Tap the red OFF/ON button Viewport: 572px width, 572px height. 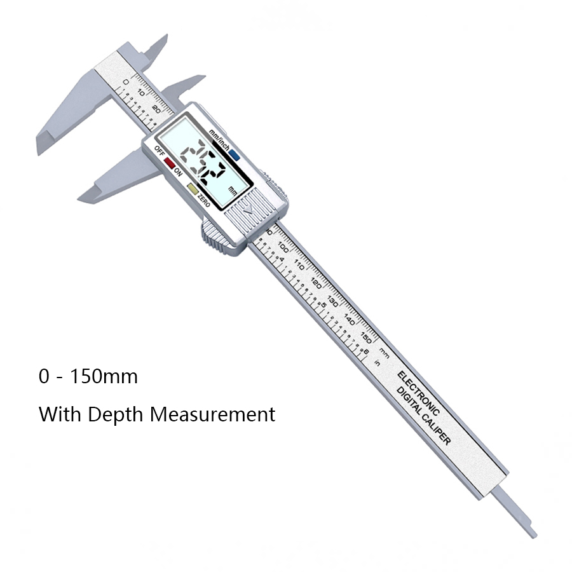[169, 163]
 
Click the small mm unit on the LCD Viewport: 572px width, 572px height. [233, 190]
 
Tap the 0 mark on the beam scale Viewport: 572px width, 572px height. [126, 81]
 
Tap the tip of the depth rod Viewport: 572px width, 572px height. [533, 535]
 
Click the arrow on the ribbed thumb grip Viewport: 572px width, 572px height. [249, 207]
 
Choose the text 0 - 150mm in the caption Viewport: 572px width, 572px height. [88, 376]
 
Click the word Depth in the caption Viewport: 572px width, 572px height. [119, 414]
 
